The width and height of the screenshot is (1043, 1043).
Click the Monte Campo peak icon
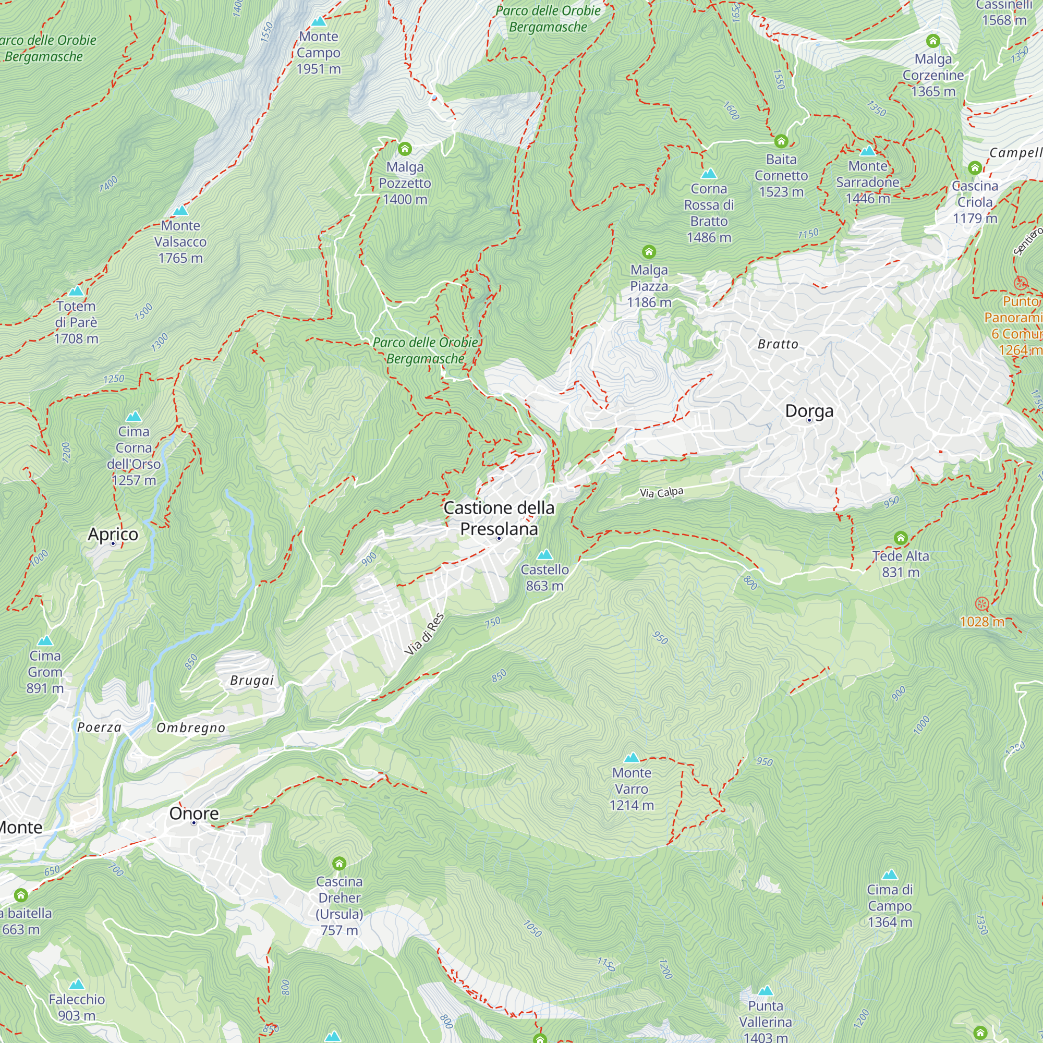tap(319, 21)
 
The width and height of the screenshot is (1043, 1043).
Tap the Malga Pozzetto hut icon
tap(405, 149)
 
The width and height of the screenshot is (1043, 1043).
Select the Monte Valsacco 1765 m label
tap(180, 242)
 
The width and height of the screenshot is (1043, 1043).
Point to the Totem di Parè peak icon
tap(76, 292)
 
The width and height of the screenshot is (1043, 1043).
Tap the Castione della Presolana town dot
tap(499, 538)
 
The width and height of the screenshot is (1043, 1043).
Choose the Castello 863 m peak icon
tap(545, 554)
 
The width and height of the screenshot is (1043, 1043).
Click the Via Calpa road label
tap(661, 492)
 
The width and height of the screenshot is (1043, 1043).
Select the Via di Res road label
tap(425, 634)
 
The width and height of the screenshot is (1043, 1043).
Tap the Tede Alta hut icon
tap(901, 538)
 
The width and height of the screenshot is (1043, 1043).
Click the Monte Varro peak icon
tap(631, 757)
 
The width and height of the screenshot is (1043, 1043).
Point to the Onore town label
tap(194, 813)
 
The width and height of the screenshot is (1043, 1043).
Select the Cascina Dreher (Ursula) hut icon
tap(339, 864)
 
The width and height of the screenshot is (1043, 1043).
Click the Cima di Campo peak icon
tap(890, 875)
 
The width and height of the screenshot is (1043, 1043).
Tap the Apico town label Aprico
tap(113, 534)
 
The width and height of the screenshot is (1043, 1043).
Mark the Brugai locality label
tap(252, 680)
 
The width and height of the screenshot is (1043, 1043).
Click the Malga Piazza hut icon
tap(649, 251)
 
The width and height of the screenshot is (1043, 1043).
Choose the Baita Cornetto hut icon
tap(781, 141)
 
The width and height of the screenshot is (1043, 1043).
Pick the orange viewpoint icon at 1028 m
tap(982, 603)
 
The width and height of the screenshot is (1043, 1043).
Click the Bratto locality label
tap(778, 344)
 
